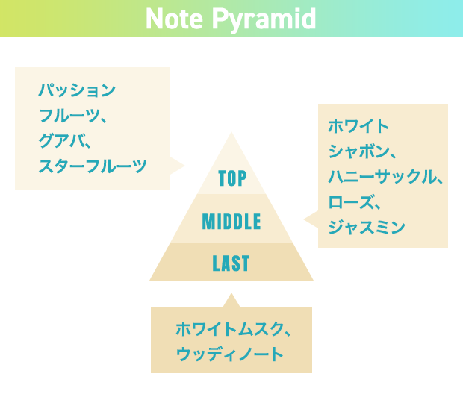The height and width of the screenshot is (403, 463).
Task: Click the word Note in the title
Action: pyautogui.click(x=174, y=19)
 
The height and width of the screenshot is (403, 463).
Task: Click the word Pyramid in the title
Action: pyautogui.click(x=264, y=19)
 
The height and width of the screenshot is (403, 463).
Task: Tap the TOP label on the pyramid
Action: pyautogui.click(x=232, y=178)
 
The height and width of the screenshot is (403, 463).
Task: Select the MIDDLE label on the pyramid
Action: pyautogui.click(x=232, y=222)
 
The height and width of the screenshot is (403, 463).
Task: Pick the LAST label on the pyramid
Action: pyautogui.click(x=231, y=263)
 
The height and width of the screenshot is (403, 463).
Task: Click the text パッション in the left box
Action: pyautogui.click(x=77, y=90)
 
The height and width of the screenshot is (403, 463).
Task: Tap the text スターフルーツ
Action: pyautogui.click(x=93, y=166)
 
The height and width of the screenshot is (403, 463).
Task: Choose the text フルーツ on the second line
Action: pyautogui.click(x=69, y=116)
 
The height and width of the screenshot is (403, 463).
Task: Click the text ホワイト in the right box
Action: pyautogui.click(x=358, y=126)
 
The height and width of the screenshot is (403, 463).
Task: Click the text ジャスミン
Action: pyautogui.click(x=367, y=228)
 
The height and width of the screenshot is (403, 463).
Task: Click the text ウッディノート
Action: pyautogui.click(x=230, y=354)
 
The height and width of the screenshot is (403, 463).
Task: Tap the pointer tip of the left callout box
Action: pyautogui.click(x=184, y=166)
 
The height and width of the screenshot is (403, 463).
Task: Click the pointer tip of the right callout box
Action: pyautogui.click(x=304, y=219)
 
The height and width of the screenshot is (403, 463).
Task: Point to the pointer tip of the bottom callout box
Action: pyautogui.click(x=232, y=293)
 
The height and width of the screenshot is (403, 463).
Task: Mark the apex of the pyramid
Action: pyautogui.click(x=232, y=132)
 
